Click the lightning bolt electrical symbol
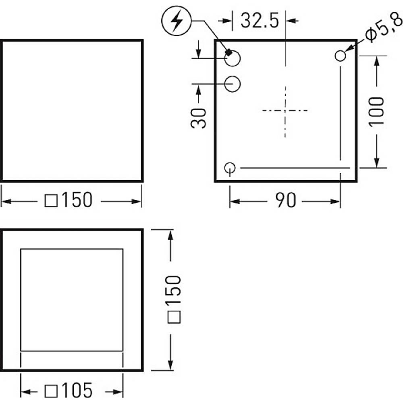(176, 21)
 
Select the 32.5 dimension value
(260, 21)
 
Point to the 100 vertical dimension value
(376, 111)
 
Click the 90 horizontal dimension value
(285, 200)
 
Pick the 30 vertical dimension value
(198, 118)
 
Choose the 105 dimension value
(77, 391)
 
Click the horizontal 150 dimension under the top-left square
(77, 200)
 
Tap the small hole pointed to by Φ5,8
(340, 56)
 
